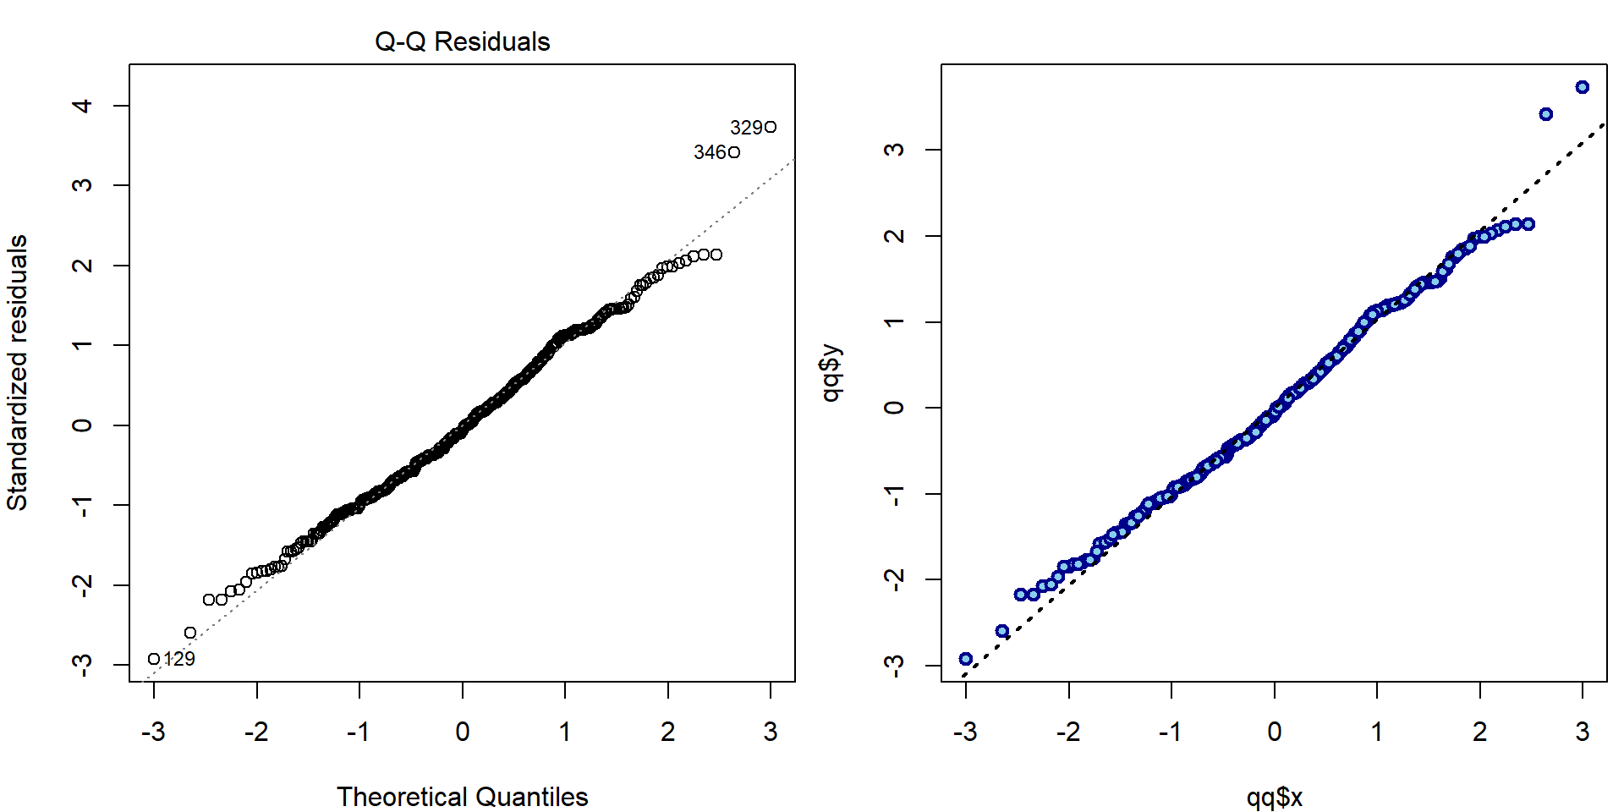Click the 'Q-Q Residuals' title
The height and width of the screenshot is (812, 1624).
(x=462, y=41)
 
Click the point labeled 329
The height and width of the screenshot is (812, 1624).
(x=770, y=127)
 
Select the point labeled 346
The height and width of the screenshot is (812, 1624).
(x=733, y=152)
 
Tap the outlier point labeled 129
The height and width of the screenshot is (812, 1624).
(x=154, y=659)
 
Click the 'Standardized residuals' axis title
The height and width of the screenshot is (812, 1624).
(x=18, y=372)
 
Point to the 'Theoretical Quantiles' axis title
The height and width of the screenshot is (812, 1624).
(x=462, y=797)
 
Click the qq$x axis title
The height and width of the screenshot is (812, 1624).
(x=1274, y=797)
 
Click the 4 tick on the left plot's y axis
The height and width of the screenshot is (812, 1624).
(x=83, y=106)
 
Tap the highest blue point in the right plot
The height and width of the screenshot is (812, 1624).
(x=1583, y=87)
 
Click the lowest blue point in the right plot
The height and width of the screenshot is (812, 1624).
(x=966, y=659)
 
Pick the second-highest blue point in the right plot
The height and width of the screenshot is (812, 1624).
(x=1546, y=114)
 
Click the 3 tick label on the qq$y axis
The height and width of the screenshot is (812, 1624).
(x=895, y=150)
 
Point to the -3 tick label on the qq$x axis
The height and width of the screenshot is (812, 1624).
(x=965, y=732)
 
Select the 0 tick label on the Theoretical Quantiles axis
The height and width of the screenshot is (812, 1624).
(x=462, y=732)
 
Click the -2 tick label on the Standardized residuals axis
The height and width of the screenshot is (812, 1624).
(x=83, y=584)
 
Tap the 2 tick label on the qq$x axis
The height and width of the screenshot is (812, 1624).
(x=1479, y=732)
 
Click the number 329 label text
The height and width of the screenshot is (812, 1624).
(x=746, y=128)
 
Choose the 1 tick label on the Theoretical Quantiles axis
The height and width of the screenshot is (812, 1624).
(x=564, y=732)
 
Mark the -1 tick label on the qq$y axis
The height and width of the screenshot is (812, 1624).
(x=895, y=495)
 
